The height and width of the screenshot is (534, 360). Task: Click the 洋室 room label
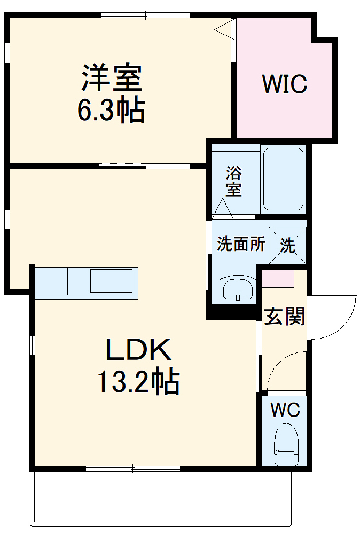(111, 77)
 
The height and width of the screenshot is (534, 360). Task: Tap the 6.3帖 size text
(111, 111)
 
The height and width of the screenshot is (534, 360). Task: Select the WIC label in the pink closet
(285, 84)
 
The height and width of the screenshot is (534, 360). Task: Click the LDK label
(138, 350)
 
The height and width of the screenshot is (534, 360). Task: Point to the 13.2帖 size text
(138, 381)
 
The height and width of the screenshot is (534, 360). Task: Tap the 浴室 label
(233, 181)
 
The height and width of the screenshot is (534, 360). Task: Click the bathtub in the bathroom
(284, 179)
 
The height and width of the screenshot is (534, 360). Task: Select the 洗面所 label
(240, 245)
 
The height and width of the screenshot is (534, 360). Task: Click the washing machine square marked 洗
(288, 246)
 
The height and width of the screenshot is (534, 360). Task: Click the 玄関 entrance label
(284, 317)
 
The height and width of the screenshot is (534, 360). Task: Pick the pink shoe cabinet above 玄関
(278, 279)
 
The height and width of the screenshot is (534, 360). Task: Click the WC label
(285, 410)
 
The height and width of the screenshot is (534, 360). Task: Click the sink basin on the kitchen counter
(111, 281)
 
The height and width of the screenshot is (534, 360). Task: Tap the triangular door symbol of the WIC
(226, 28)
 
